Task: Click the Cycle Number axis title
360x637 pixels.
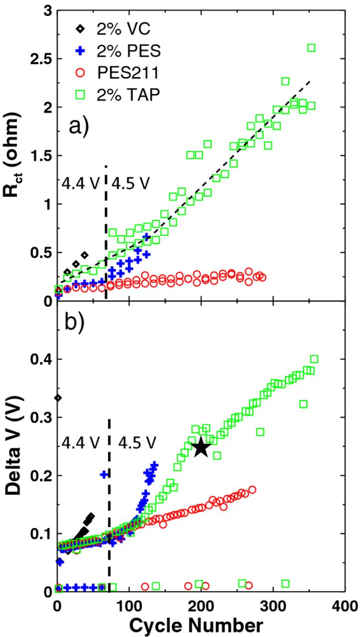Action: tap(201, 625)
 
